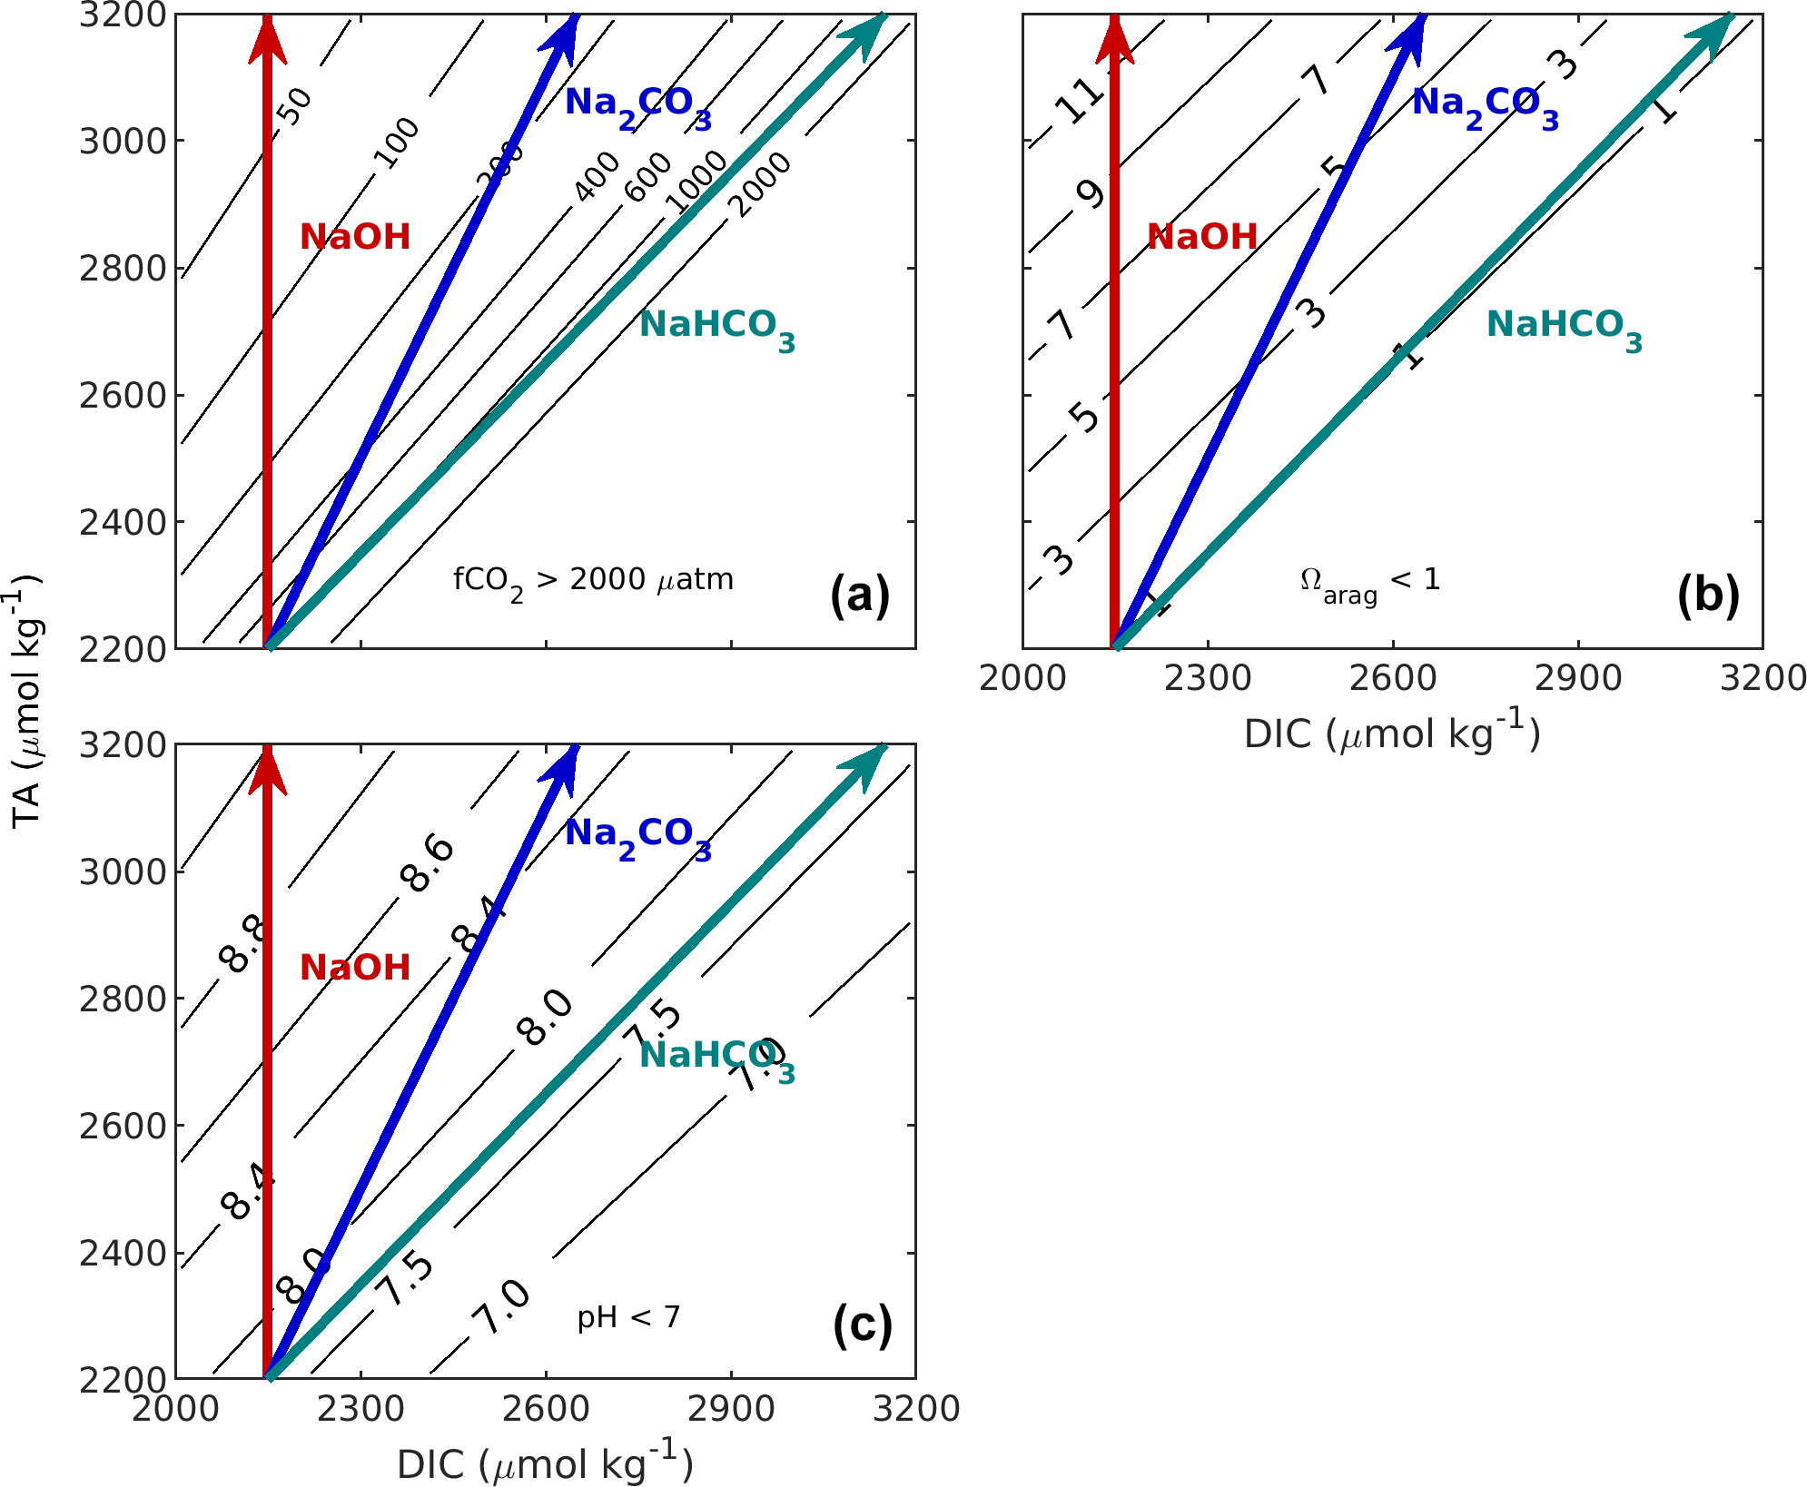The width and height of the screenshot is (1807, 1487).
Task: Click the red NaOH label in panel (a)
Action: (355, 237)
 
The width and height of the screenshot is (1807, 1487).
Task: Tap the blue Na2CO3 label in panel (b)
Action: (1485, 105)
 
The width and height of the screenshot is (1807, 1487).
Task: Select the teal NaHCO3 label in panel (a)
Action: (716, 327)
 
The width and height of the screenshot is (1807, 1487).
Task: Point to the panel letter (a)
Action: (860, 596)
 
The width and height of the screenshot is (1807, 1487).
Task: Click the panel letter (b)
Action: (1708, 596)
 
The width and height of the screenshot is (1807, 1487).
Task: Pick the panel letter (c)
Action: (862, 1325)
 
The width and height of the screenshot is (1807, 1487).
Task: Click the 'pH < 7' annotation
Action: (628, 1317)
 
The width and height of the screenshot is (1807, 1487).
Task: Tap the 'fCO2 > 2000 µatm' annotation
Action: (593, 581)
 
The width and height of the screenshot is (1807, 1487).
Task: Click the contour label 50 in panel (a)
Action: (294, 106)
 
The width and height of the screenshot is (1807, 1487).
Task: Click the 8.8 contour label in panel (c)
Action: (243, 945)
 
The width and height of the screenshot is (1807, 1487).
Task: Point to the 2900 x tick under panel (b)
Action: (1577, 678)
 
